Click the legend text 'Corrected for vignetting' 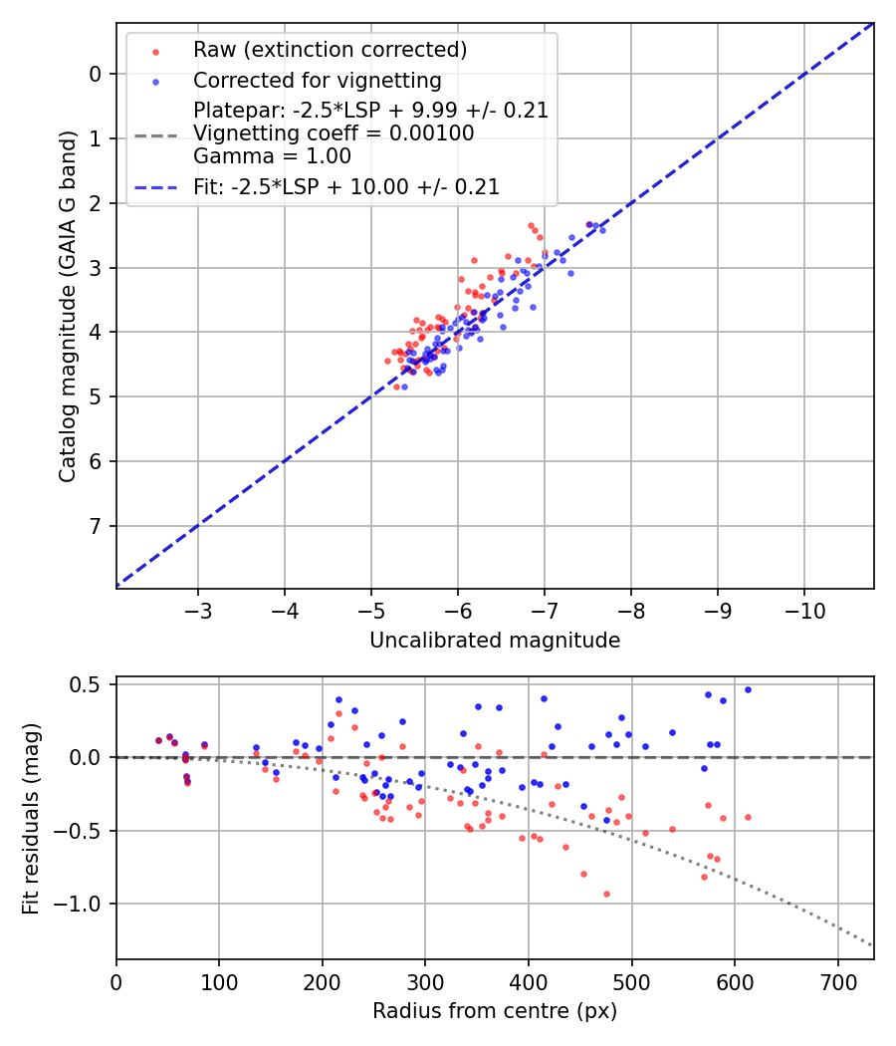point(317,81)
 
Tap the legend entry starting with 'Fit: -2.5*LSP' point(345,186)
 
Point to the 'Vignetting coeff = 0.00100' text point(334,133)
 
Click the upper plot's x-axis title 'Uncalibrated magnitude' point(495,641)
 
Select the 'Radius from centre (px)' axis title point(495,1011)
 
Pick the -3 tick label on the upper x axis point(197,610)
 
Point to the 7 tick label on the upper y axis point(96,526)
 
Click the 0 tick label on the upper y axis point(96,74)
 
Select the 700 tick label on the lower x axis point(837,980)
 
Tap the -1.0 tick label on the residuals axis point(84,904)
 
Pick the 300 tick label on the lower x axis point(425,980)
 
